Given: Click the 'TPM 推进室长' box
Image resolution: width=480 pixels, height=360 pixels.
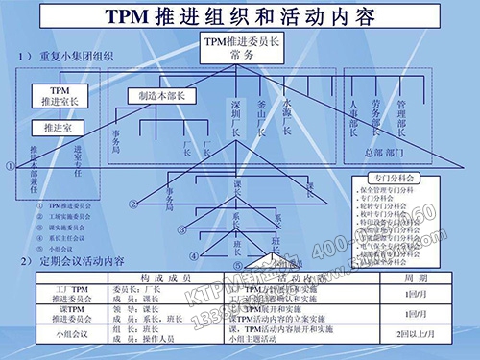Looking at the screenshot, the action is (x=60, y=95).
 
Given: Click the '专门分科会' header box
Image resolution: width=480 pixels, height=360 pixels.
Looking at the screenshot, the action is (x=399, y=178).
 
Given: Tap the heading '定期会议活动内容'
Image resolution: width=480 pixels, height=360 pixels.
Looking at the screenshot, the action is (x=86, y=262).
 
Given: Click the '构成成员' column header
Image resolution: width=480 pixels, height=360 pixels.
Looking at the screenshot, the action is (x=168, y=276).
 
